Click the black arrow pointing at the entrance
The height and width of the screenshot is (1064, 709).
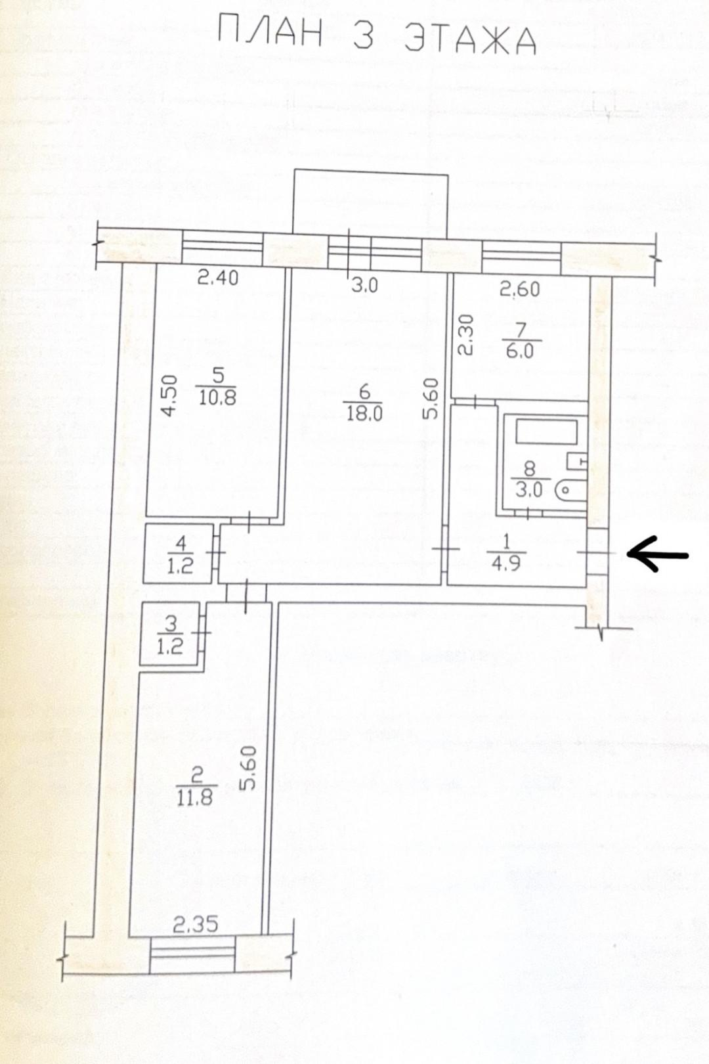pos(658,554)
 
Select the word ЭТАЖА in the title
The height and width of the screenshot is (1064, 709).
pos(471,37)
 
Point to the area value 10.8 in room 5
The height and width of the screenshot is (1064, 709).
pos(217,396)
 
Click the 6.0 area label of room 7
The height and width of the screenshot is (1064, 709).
pos(520,351)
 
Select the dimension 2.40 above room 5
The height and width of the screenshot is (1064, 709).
pos(218,277)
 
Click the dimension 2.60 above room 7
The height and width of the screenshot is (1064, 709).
pos(520,289)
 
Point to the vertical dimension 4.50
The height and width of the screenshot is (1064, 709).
pos(169,395)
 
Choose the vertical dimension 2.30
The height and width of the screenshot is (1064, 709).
pos(465,336)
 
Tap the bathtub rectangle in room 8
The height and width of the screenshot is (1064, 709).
pos(547,432)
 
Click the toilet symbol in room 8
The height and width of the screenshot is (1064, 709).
pos(570,490)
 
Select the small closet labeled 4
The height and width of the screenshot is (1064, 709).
pos(178,554)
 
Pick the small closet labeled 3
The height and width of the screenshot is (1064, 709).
pos(169,633)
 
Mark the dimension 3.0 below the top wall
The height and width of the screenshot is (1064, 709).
pos(365,285)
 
